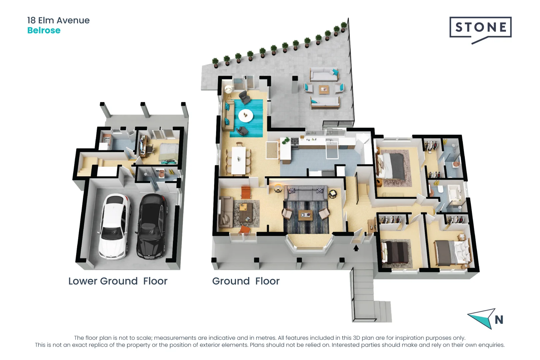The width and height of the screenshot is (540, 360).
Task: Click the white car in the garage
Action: (114, 226)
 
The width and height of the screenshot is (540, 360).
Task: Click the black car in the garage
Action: (151, 227)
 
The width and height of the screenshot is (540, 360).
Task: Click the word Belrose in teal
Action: (44, 30)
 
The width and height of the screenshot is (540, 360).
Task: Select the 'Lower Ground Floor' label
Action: (118, 281)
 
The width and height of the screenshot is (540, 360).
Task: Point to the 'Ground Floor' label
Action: (246, 281)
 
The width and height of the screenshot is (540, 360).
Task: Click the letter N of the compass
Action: (499, 320)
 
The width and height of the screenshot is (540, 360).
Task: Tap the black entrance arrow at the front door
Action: (356, 248)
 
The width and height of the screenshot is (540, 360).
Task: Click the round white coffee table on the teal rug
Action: (246, 116)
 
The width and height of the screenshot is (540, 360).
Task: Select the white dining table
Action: (238, 160)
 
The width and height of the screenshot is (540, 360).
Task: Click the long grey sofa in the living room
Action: (306, 193)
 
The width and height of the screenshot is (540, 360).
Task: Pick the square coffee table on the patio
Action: (324, 90)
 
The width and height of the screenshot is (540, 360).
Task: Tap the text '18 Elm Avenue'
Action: (58, 20)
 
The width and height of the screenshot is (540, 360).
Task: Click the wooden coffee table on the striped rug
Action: (306, 215)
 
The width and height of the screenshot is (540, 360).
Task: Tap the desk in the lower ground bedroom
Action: (143, 146)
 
